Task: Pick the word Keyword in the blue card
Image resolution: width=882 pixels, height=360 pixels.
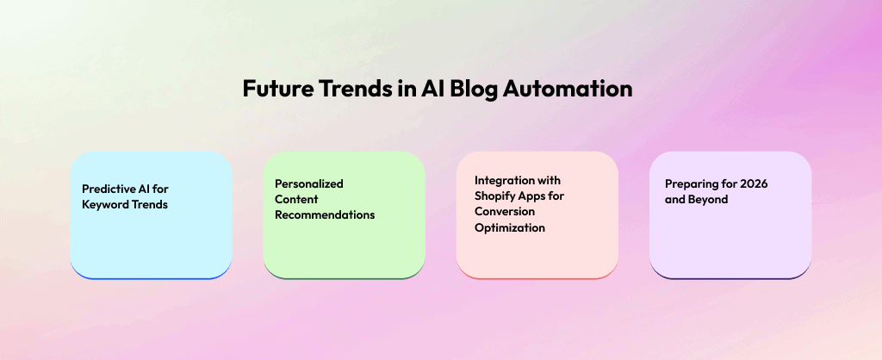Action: pyautogui.click(x=105, y=204)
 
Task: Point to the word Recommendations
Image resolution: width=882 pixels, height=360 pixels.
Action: pyautogui.click(x=325, y=214)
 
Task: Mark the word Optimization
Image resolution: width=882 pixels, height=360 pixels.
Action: pyautogui.click(x=509, y=227)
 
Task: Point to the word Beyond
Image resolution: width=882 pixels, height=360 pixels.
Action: pyautogui.click(x=708, y=200)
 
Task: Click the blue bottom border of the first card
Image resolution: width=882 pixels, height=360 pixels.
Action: pyautogui.click(x=151, y=277)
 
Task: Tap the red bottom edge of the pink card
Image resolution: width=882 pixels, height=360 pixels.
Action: pyautogui.click(x=537, y=277)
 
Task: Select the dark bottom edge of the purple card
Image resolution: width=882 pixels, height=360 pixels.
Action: pyautogui.click(x=730, y=277)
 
